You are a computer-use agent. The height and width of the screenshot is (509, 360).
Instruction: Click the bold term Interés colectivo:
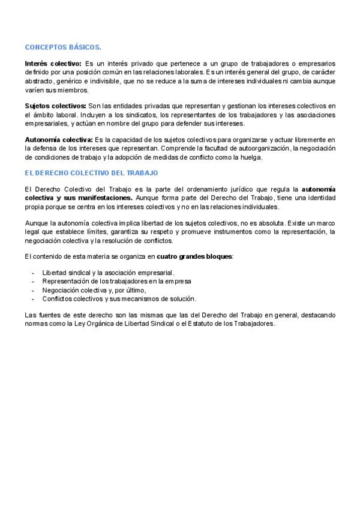tap(53, 63)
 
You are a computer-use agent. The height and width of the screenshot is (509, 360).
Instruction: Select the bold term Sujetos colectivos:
tap(56, 106)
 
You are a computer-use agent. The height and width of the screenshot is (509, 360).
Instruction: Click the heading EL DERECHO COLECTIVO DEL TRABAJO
tap(91, 173)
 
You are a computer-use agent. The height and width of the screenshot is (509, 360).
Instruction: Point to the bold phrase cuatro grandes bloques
tap(194, 256)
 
